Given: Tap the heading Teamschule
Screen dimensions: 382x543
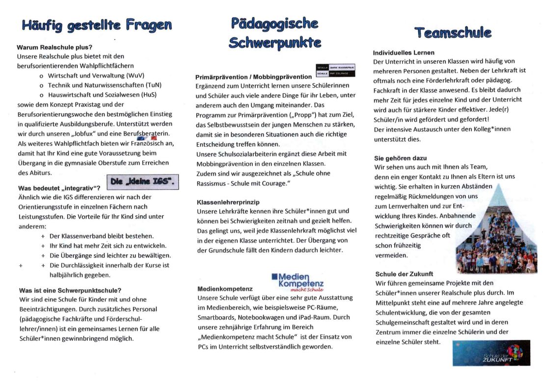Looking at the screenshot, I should [453, 33].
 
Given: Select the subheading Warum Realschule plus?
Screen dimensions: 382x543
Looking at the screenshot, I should [54, 48].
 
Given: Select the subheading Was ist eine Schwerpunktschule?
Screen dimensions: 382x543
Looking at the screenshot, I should [70, 290].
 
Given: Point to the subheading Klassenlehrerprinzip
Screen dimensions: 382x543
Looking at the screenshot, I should [228, 202].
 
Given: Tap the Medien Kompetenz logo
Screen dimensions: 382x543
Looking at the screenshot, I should [298, 282].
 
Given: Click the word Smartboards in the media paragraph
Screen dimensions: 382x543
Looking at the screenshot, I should [215, 317].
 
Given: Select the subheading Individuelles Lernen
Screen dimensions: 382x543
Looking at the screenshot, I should [404, 52].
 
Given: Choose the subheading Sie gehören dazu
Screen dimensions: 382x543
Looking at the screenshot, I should [400, 158].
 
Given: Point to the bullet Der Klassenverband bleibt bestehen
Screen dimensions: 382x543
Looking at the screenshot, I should [101, 236].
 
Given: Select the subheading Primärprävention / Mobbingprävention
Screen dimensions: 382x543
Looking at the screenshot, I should [253, 76].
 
